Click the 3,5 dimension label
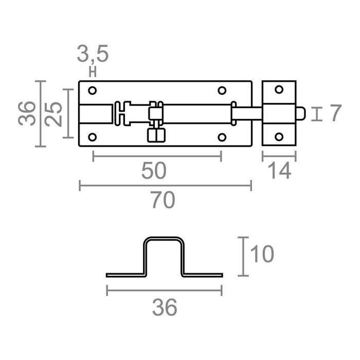[93, 53]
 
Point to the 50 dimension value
[154, 171]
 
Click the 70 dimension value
[164, 201]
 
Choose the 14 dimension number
[280, 171]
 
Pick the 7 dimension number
[335, 113]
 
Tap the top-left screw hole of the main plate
[93, 91]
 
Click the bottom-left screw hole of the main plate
[93, 137]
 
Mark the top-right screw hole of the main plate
[222, 91]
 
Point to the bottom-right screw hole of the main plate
[222, 137]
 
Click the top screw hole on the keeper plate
[279, 89]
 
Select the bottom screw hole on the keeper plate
[279, 137]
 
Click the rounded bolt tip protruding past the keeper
[303, 114]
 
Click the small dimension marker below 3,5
[93, 71]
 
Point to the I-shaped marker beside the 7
[318, 114]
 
